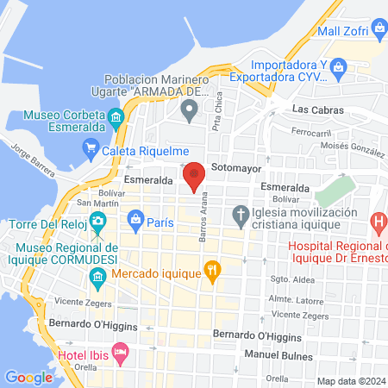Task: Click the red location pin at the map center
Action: pyautogui.click(x=195, y=175)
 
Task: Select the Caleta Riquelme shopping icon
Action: pyautogui.click(x=91, y=148)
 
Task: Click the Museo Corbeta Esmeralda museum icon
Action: pyautogui.click(x=116, y=116)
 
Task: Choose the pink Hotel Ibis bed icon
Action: pyautogui.click(x=121, y=352)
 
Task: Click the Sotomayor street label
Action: pyautogui.click(x=235, y=169)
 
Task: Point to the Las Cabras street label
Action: pyautogui.click(x=317, y=110)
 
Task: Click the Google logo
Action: pyautogui.click(x=28, y=377)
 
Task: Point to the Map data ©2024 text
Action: pyautogui.click(x=351, y=381)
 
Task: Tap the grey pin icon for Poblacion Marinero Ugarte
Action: pyautogui.click(x=190, y=108)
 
